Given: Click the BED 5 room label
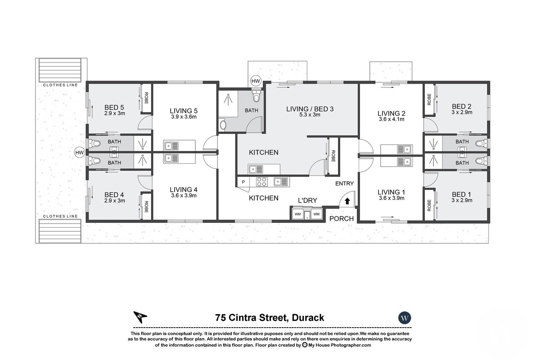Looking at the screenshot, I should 114,107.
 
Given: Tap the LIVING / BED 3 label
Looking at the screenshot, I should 310,108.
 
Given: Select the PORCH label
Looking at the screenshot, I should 342,219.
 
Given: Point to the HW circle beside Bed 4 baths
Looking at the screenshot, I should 79,153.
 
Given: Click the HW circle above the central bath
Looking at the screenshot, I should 256,81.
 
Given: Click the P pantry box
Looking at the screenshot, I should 243,182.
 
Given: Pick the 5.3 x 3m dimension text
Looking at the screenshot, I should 310,115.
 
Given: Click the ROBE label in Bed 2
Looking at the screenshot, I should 429,99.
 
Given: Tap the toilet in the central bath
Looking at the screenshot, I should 256,97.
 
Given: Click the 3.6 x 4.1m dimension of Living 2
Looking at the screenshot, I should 391,119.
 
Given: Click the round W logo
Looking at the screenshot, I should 405,318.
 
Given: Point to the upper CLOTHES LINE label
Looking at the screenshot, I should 60,85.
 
